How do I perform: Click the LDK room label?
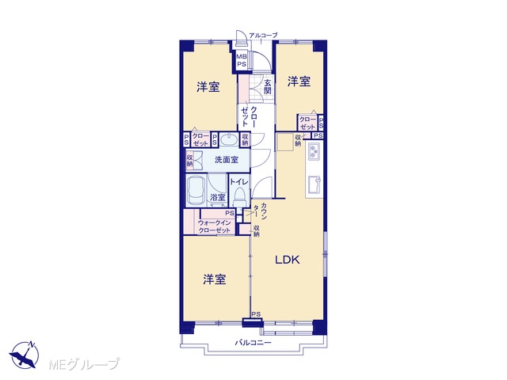point(287,260)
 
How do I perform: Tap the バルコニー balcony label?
point(253,343)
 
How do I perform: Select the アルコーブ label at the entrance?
point(263,35)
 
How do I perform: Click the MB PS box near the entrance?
point(242,60)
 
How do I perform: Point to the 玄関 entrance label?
point(268,86)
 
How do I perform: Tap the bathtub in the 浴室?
point(196,192)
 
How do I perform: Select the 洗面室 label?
point(227,159)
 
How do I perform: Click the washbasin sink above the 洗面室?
point(229,140)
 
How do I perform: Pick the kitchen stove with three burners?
point(314,151)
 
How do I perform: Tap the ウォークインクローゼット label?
point(215,226)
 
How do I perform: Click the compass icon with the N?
point(25,355)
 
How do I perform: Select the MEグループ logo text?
point(84,364)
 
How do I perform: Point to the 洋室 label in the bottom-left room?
point(215,279)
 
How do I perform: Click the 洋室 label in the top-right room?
point(299,81)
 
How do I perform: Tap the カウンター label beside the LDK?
point(260,211)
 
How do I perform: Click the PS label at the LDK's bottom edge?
point(256,314)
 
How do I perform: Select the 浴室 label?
point(218,197)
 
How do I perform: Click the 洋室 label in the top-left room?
point(208,86)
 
